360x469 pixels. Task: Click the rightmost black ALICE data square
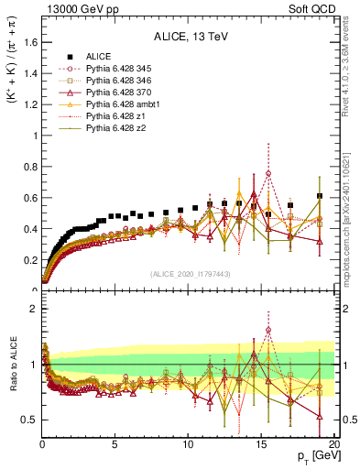point(319,196)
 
